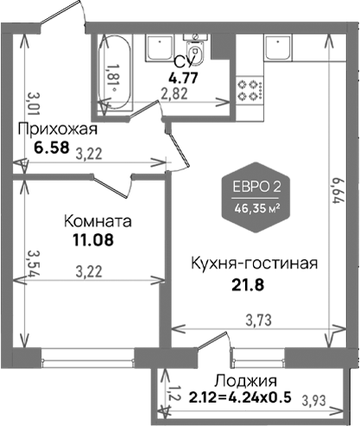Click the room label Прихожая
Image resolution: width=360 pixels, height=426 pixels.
point(58,130)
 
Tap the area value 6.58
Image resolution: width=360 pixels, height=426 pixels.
point(52,148)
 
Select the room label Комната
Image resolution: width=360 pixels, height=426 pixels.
point(98,221)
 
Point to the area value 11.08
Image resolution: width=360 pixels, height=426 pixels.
point(93,239)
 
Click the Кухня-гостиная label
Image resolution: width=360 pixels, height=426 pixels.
point(255,264)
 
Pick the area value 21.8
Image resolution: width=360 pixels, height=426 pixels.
point(248,285)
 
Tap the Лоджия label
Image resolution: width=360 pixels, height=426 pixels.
point(246,381)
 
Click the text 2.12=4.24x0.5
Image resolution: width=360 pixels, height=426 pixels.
point(240,397)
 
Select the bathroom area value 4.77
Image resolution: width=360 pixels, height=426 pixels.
point(183,78)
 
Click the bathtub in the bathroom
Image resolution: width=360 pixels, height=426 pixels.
point(115,72)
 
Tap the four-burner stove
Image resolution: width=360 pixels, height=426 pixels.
point(249,91)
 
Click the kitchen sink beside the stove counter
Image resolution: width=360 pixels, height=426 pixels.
point(278,48)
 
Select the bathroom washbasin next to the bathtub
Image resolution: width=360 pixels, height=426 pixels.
point(159,48)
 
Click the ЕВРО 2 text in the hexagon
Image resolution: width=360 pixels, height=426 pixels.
point(256,188)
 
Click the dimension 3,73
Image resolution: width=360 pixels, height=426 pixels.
point(259,320)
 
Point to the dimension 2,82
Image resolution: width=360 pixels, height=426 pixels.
point(174,93)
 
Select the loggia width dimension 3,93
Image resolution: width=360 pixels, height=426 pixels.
point(314,400)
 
